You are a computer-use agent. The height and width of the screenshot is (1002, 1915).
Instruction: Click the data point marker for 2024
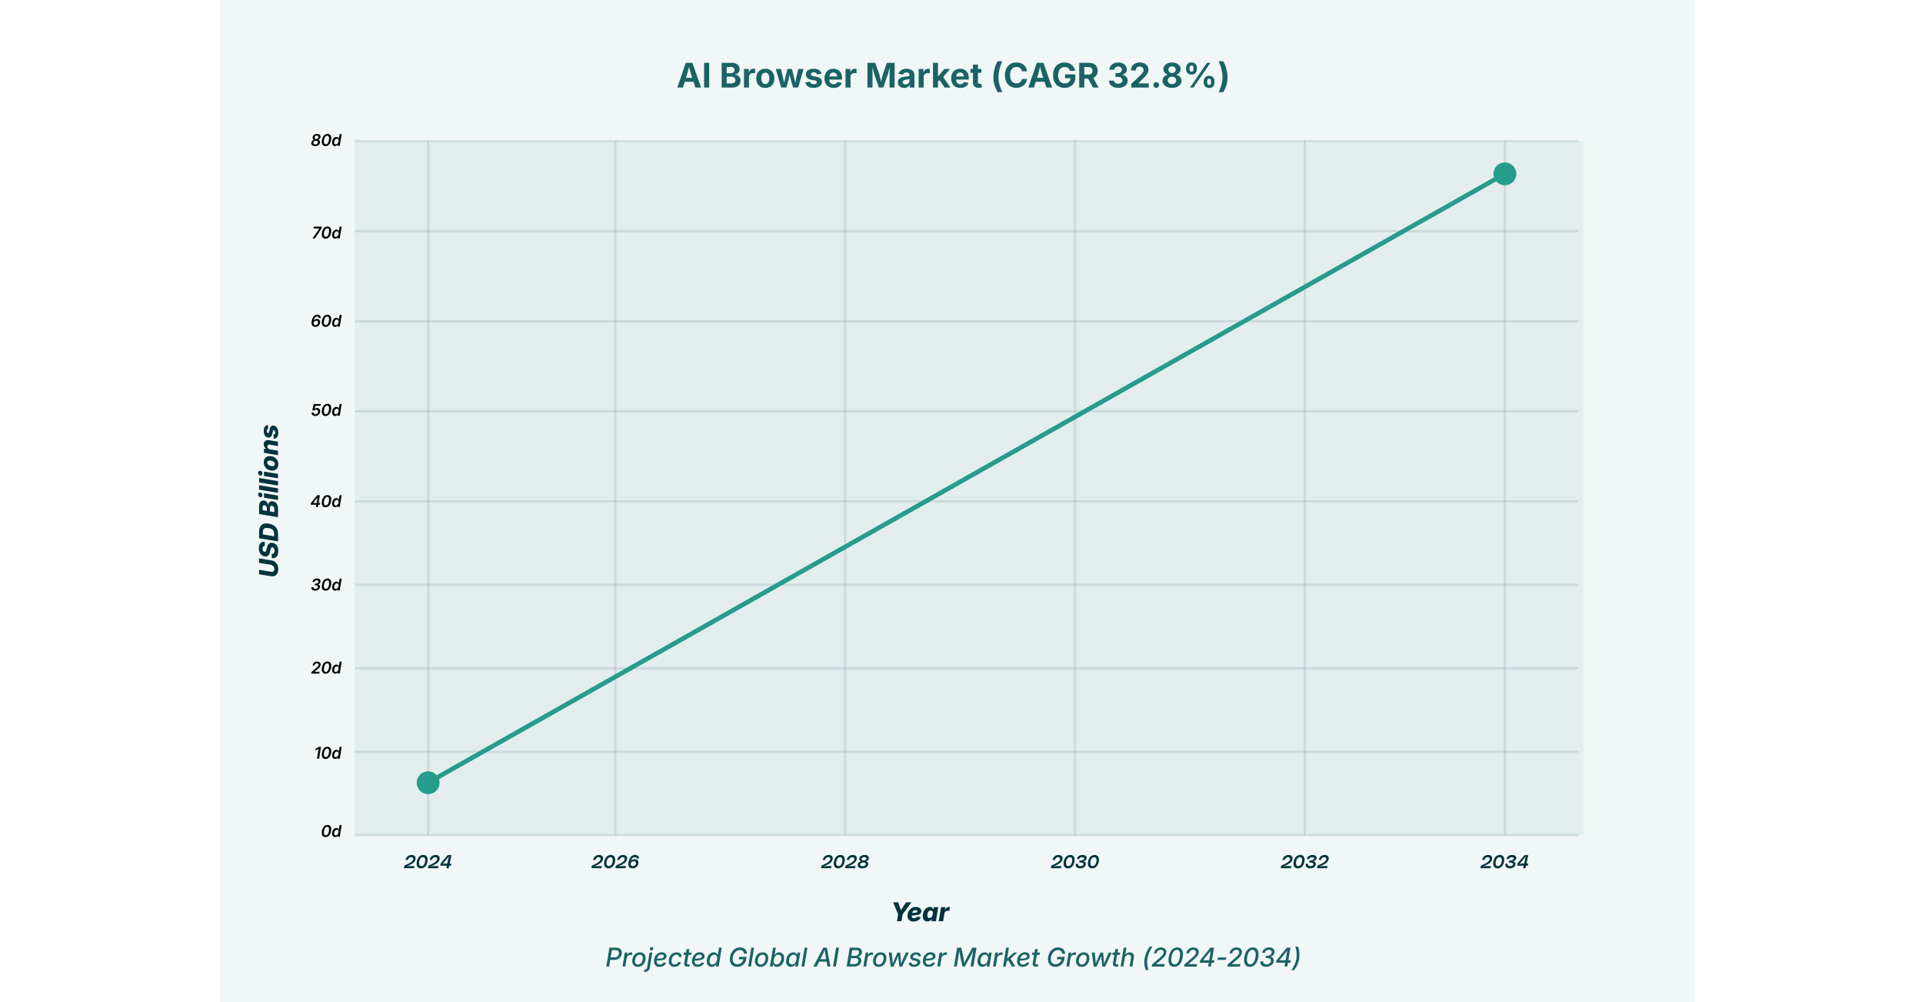pos(428,783)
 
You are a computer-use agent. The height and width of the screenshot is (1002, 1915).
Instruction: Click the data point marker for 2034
pos(1504,174)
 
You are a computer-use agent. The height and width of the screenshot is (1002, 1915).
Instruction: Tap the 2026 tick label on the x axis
pos(615,862)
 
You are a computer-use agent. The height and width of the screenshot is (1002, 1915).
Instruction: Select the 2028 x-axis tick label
pos(844,862)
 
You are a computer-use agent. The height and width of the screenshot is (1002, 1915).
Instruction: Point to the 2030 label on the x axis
pos(1074,862)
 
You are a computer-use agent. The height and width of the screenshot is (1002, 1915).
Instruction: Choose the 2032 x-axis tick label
pos(1304,862)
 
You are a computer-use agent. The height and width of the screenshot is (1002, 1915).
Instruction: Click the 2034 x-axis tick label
pos(1504,862)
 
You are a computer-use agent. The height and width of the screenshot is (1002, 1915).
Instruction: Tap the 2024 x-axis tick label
pos(428,862)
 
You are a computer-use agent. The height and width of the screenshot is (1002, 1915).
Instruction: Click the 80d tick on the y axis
pos(326,141)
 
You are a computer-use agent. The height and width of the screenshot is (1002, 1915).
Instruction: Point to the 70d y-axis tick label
pos(326,232)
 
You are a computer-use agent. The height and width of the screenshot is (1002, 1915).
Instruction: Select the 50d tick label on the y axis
pos(326,410)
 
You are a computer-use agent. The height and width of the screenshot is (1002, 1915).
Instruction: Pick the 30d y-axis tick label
pos(326,585)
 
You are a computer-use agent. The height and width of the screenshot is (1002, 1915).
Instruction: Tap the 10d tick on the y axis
pos(328,753)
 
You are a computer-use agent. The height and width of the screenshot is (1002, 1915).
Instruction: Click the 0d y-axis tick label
pos(331,832)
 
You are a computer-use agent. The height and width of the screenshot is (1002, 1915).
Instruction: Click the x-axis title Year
pos(920,913)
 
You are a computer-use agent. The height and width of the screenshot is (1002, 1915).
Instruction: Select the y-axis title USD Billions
pos(269,500)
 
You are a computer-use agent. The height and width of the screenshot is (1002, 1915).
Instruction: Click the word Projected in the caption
pos(663,957)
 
